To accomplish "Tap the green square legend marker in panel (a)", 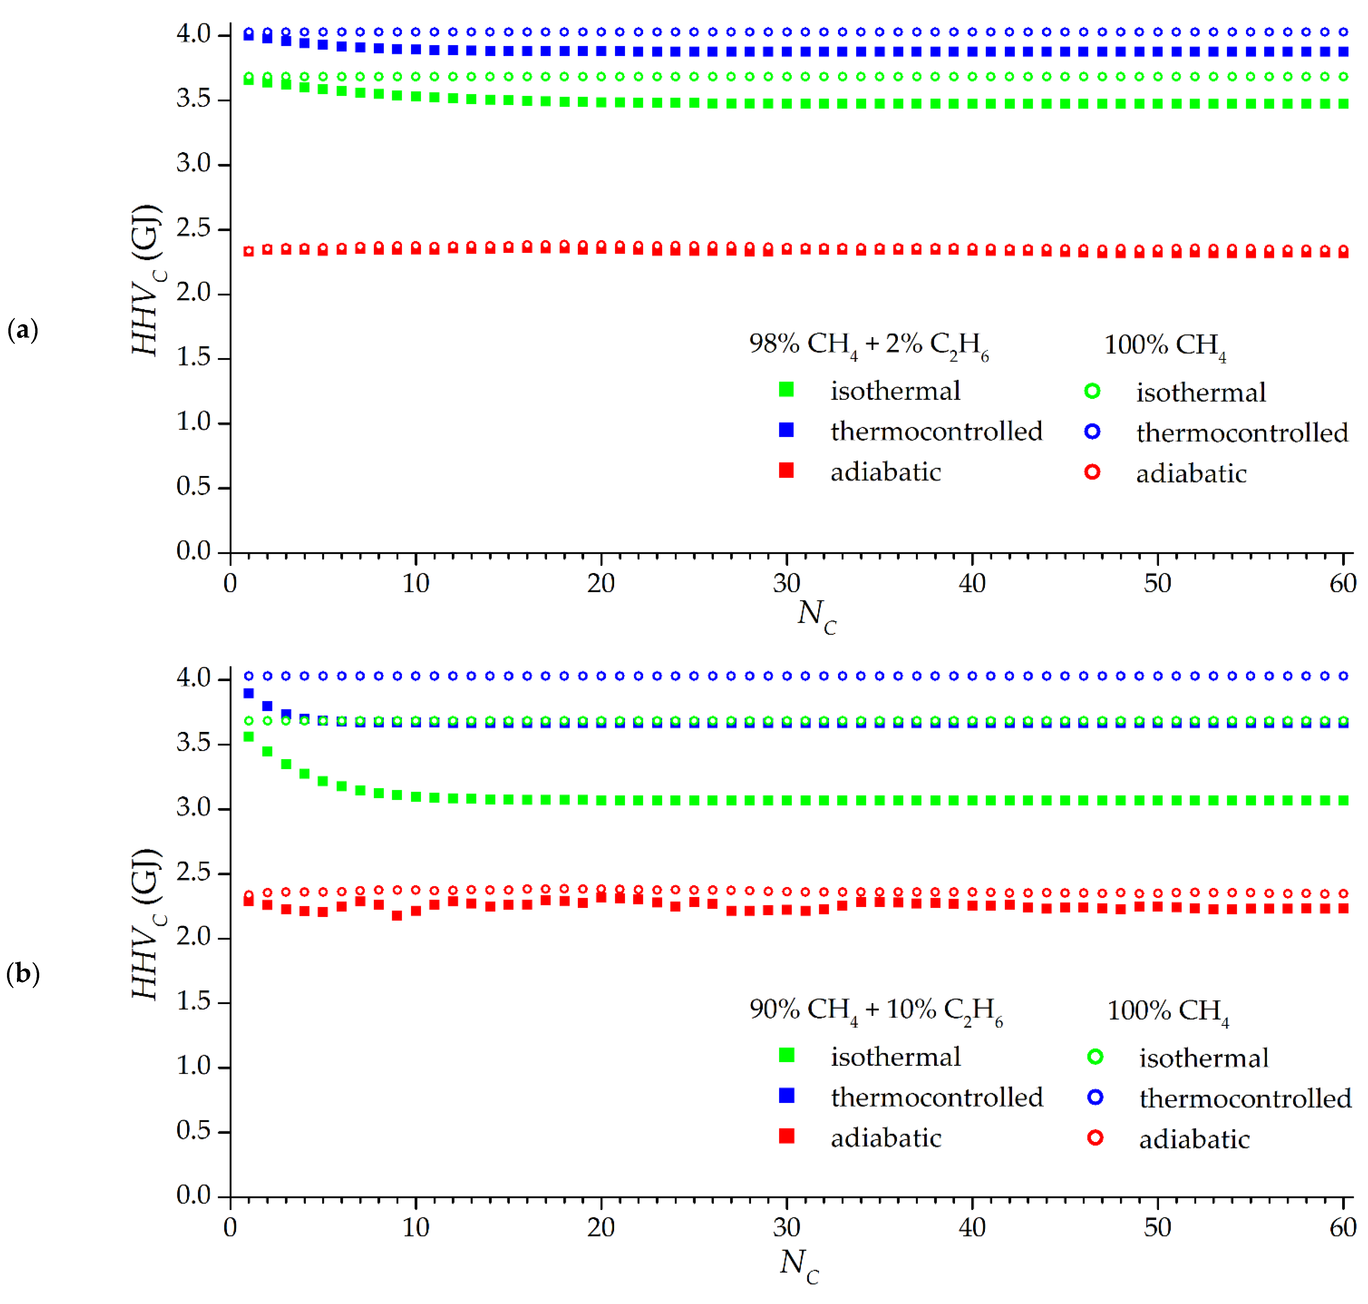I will point(786,390).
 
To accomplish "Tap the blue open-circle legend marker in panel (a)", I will point(1092,432).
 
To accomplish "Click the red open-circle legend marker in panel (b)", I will point(1095,1138).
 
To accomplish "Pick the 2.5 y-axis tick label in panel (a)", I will point(193,228).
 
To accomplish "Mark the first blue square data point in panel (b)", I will point(248,693).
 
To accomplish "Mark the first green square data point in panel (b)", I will point(248,737).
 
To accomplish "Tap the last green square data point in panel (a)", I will point(1343,104).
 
